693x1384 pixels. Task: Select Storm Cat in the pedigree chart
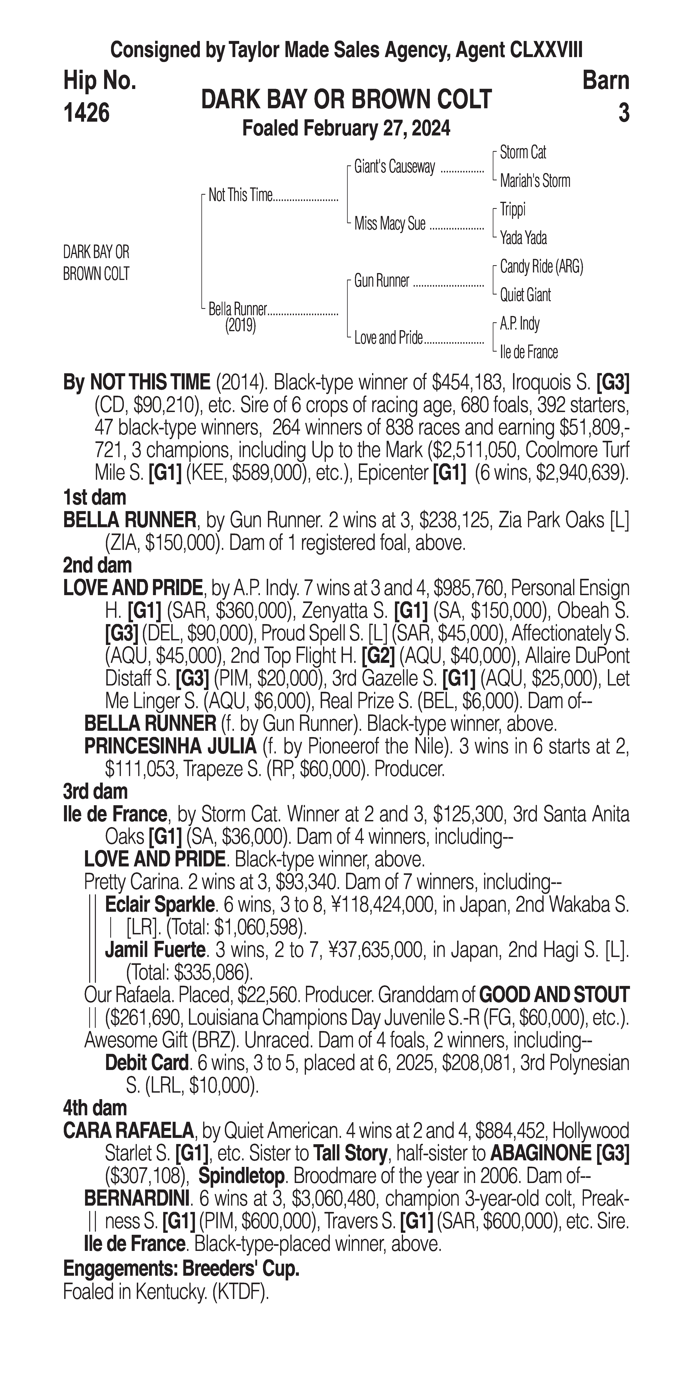point(523,153)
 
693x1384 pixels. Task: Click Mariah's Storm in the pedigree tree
point(535,181)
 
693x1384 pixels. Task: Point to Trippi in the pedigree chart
point(512,209)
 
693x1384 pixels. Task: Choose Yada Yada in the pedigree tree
point(523,237)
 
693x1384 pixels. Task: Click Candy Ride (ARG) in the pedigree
point(541,267)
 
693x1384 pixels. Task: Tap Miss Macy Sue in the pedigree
point(389,223)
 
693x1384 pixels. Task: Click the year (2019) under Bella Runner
point(240,326)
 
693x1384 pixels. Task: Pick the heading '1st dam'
point(94,497)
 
